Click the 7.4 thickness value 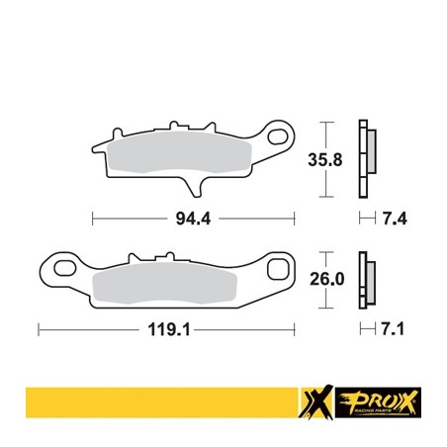(395, 217)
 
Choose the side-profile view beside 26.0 (368, 278)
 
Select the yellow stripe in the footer (148, 398)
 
